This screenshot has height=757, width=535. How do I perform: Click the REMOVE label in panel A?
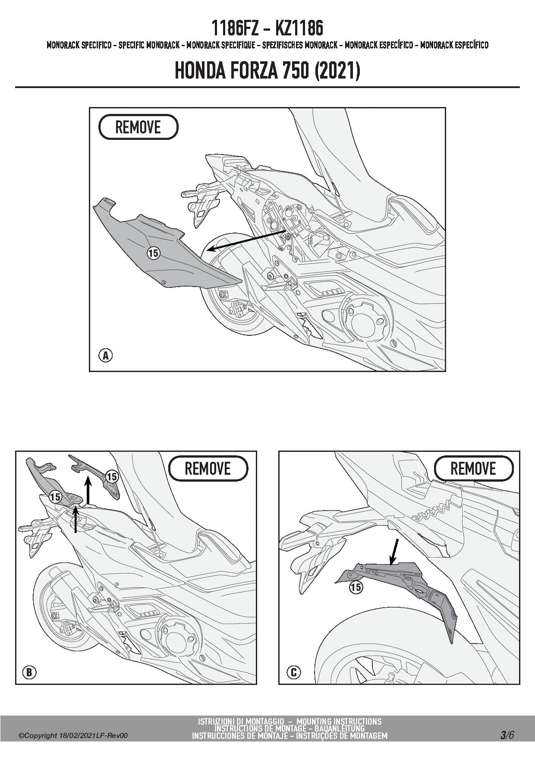(x=138, y=127)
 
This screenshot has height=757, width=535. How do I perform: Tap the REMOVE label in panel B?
(x=208, y=469)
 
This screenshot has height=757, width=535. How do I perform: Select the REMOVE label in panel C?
(x=473, y=469)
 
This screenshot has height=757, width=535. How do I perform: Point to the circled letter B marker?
(x=29, y=672)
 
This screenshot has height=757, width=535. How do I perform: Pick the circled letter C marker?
(x=294, y=672)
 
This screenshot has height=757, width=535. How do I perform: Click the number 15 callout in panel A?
(x=153, y=253)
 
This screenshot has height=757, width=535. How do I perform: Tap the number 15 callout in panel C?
(x=356, y=587)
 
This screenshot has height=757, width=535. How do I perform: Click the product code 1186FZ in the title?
(x=235, y=29)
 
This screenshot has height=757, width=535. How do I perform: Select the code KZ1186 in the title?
(x=299, y=29)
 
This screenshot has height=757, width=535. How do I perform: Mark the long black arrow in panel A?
(x=246, y=240)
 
